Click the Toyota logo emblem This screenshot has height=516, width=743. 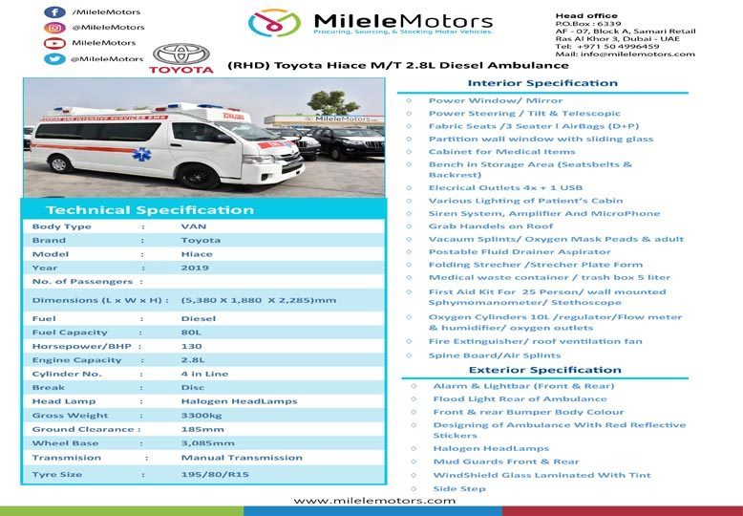pyautogui.click(x=181, y=55)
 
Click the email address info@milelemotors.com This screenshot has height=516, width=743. pyautogui.click(x=639, y=54)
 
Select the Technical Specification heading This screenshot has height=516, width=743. pyautogui.click(x=150, y=210)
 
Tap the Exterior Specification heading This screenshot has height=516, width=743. pyautogui.click(x=544, y=371)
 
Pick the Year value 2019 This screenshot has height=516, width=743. pyautogui.click(x=194, y=269)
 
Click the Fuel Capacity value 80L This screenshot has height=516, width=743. pyautogui.click(x=192, y=333)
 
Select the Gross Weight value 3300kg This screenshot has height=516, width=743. pyautogui.click(x=202, y=416)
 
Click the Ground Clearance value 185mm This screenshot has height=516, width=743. pyautogui.click(x=202, y=430)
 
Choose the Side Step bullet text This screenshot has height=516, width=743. pyautogui.click(x=459, y=489)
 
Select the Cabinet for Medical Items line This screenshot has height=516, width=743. pyautogui.click(x=501, y=152)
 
